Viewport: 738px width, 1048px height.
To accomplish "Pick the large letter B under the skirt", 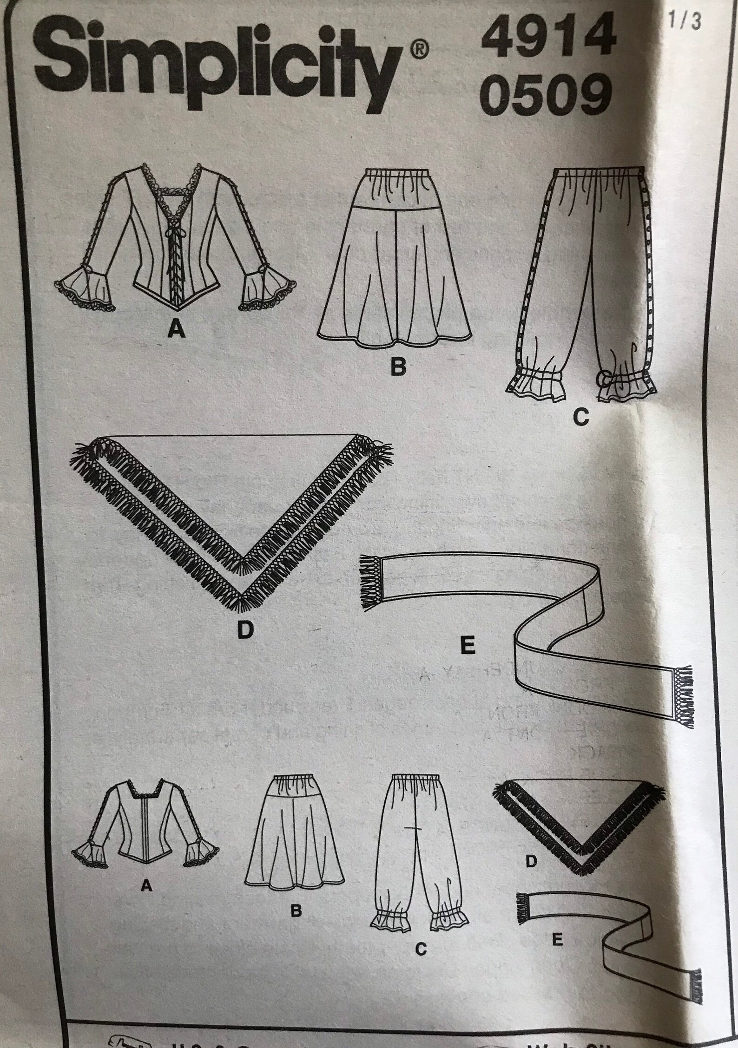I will coord(398,367).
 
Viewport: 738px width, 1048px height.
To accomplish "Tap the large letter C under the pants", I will coord(580,419).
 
